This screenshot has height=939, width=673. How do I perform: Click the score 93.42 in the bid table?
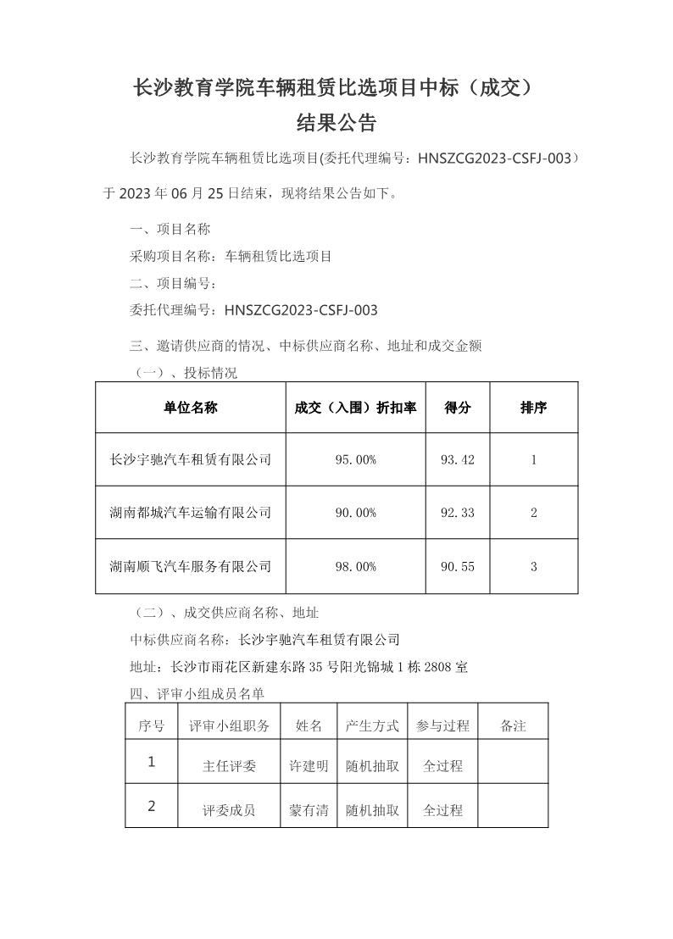pos(458,460)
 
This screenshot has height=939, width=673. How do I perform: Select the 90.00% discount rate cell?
pos(356,513)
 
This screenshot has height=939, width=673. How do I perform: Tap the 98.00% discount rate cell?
pos(356,567)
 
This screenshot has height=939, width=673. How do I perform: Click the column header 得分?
pos(458,408)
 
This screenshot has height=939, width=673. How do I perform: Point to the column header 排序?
pos(533,408)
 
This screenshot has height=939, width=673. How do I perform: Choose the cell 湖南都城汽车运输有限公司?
pos(191,513)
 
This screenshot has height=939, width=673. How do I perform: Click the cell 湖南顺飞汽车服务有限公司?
pos(191,567)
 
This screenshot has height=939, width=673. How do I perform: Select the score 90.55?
pos(458,567)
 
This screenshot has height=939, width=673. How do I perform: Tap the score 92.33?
pos(458,513)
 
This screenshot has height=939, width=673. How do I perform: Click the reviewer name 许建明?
pos(309,766)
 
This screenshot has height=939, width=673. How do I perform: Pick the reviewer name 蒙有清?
pos(309,810)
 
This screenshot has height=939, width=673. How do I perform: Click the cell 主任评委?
pos(229,766)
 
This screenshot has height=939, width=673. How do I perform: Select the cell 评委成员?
pos(229,810)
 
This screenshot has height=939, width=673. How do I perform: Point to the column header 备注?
pos(514,726)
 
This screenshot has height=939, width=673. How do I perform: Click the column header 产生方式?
pos(372,726)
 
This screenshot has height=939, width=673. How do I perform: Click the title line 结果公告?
pos(336,124)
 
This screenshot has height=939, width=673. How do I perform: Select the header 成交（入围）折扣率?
pos(356,408)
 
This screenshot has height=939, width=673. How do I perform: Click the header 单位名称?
pos(191,408)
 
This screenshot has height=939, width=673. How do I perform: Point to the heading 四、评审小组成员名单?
pos(197,694)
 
